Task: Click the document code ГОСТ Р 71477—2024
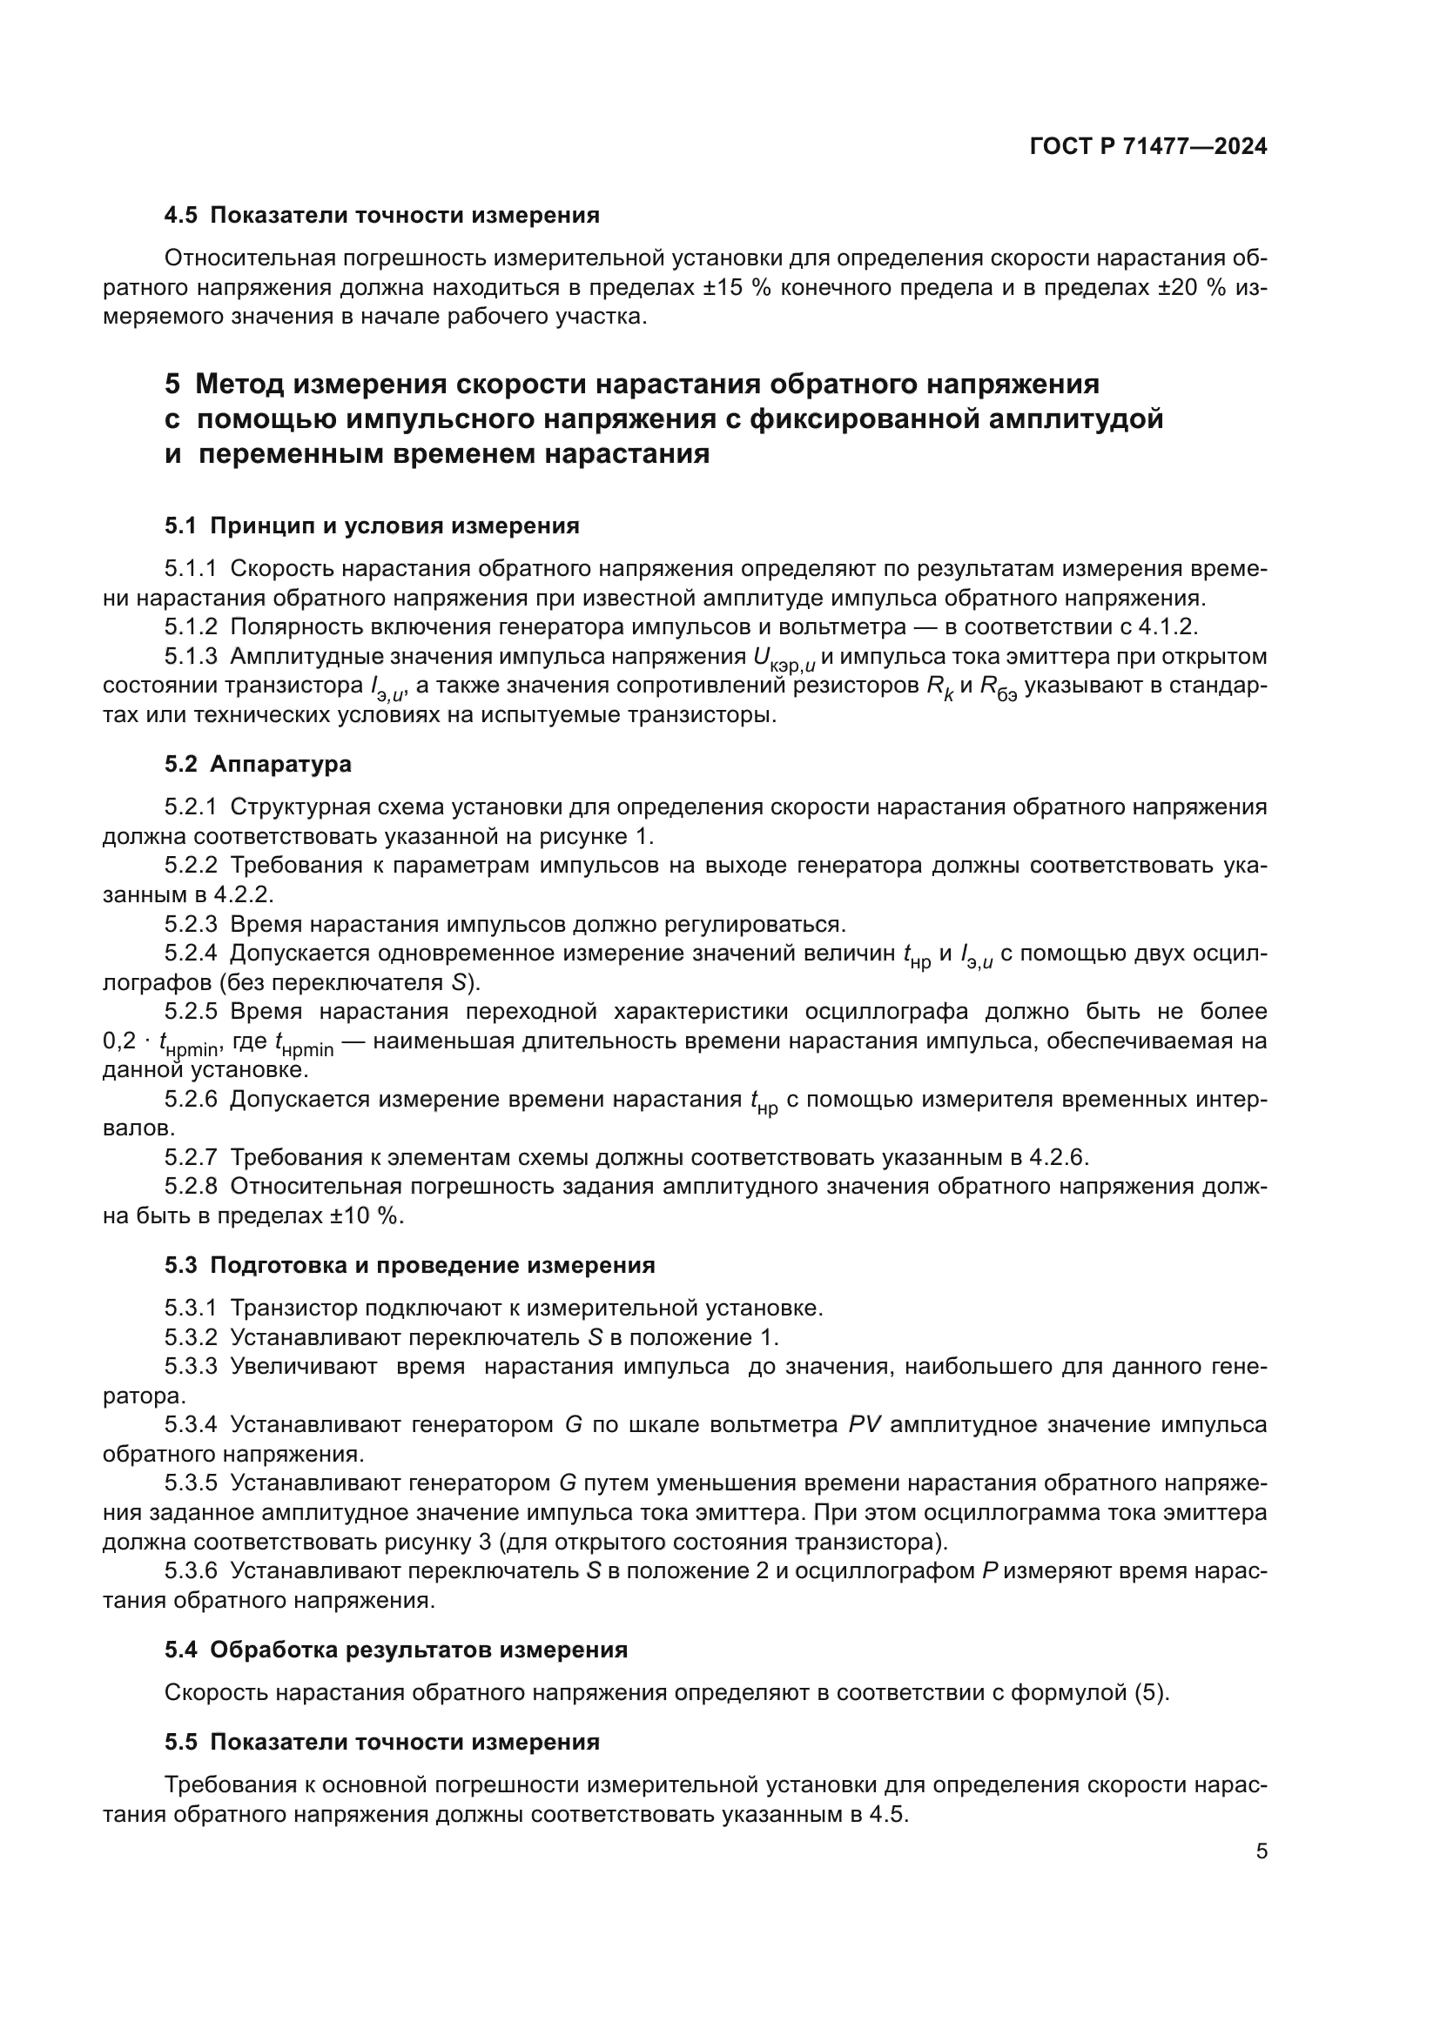tap(1148, 147)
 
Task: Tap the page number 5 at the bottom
tap(1262, 1851)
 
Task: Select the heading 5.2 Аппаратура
tap(257, 764)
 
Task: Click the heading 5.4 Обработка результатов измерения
tap(395, 1650)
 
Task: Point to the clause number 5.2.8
tap(191, 1187)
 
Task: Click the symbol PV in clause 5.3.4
tap(864, 1425)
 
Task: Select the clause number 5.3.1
tap(191, 1309)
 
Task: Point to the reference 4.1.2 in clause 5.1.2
tap(1166, 627)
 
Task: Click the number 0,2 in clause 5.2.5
tap(118, 1041)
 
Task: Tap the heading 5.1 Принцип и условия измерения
tap(372, 526)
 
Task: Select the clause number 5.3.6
tap(191, 1571)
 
